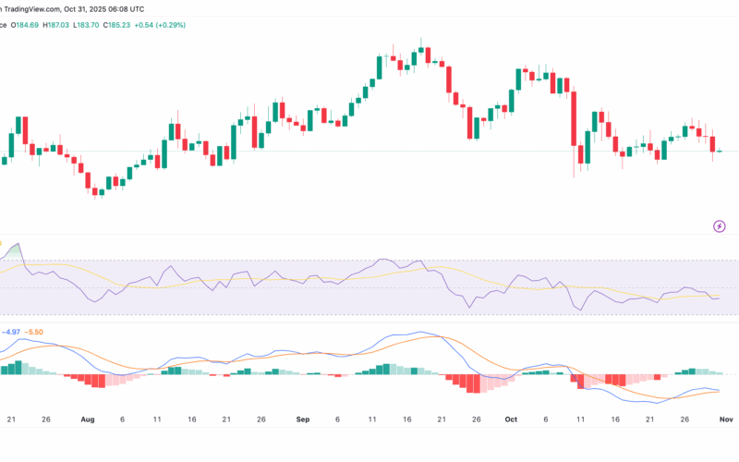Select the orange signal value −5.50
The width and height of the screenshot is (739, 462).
coord(34,332)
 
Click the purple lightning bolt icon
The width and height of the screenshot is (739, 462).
coord(720,225)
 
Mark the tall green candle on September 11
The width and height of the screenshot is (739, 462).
coord(379,67)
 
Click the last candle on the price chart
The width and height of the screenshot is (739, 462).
coord(720,151)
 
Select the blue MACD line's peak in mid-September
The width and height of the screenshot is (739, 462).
coord(421,333)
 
